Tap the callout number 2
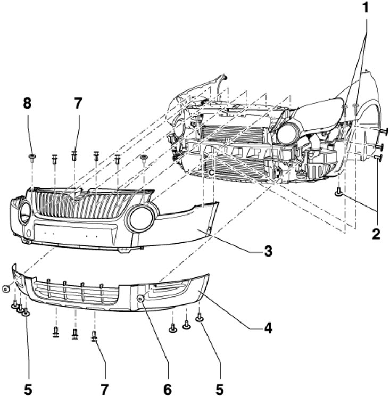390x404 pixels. tap(376, 233)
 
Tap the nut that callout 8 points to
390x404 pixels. tap(32, 156)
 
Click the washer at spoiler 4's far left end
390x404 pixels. tap(5, 288)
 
